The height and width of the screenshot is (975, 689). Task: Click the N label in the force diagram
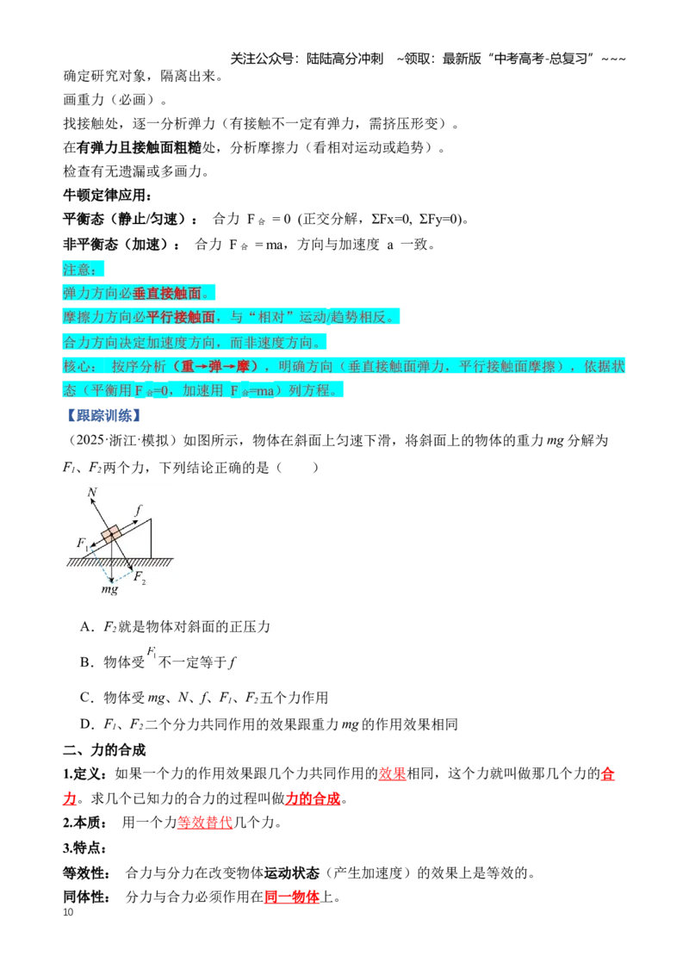coord(93,493)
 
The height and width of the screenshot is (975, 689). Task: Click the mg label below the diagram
coord(109,589)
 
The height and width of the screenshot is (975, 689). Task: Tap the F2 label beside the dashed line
coord(140,578)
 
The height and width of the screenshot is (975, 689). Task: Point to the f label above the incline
coord(138,510)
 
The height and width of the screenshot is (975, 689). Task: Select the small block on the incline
coord(112,535)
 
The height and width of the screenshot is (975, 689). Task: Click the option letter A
coord(85,627)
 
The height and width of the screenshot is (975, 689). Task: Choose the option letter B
coord(85,662)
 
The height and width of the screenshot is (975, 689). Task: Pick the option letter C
coord(85,698)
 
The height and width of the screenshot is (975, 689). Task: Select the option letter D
coord(85,724)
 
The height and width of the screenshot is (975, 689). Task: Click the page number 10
coord(68,912)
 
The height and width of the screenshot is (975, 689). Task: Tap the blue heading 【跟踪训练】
coord(103,415)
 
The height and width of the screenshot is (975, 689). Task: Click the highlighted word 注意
coord(79,270)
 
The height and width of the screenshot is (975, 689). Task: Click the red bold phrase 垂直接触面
coord(167,293)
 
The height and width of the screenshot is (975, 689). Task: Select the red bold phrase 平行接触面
coord(180,317)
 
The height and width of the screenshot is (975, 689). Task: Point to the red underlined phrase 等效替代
coord(205,823)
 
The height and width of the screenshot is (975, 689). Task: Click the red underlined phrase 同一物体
coord(292,897)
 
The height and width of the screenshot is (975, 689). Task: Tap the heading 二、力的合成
coord(104,750)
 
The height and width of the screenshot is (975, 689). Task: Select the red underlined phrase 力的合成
coord(313,798)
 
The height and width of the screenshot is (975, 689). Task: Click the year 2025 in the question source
coord(90,440)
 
